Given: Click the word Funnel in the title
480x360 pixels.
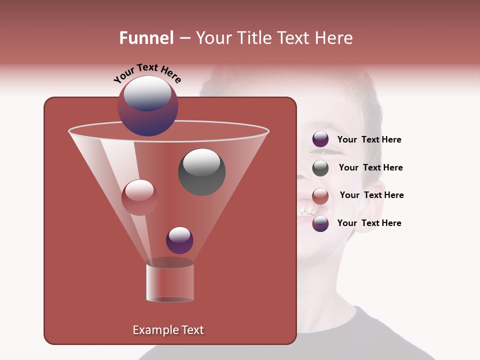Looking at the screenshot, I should pyautogui.click(x=146, y=38).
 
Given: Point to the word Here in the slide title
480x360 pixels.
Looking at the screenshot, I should pyautogui.click(x=333, y=38).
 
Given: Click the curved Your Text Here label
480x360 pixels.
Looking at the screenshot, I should pyautogui.click(x=147, y=73).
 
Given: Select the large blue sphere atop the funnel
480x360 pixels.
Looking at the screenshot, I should pyautogui.click(x=148, y=106).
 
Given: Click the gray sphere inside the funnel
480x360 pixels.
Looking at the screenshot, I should pyautogui.click(x=201, y=172).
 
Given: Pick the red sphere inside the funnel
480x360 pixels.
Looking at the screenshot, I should pyautogui.click(x=139, y=197).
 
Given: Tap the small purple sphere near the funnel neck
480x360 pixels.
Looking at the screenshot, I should pyautogui.click(x=179, y=240).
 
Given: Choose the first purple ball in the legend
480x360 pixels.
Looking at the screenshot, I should pyautogui.click(x=320, y=139).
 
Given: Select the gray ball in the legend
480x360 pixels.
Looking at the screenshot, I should pyautogui.click(x=320, y=168).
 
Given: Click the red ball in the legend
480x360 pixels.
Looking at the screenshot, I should pyautogui.click(x=320, y=195).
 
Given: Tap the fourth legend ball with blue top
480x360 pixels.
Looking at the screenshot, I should pyautogui.click(x=320, y=223).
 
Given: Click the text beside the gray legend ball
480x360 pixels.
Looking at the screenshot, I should pyautogui.click(x=370, y=167).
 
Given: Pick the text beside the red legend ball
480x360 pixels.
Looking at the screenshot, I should pyautogui.click(x=371, y=195).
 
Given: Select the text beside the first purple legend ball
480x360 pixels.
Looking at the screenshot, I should pyautogui.click(x=369, y=139).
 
